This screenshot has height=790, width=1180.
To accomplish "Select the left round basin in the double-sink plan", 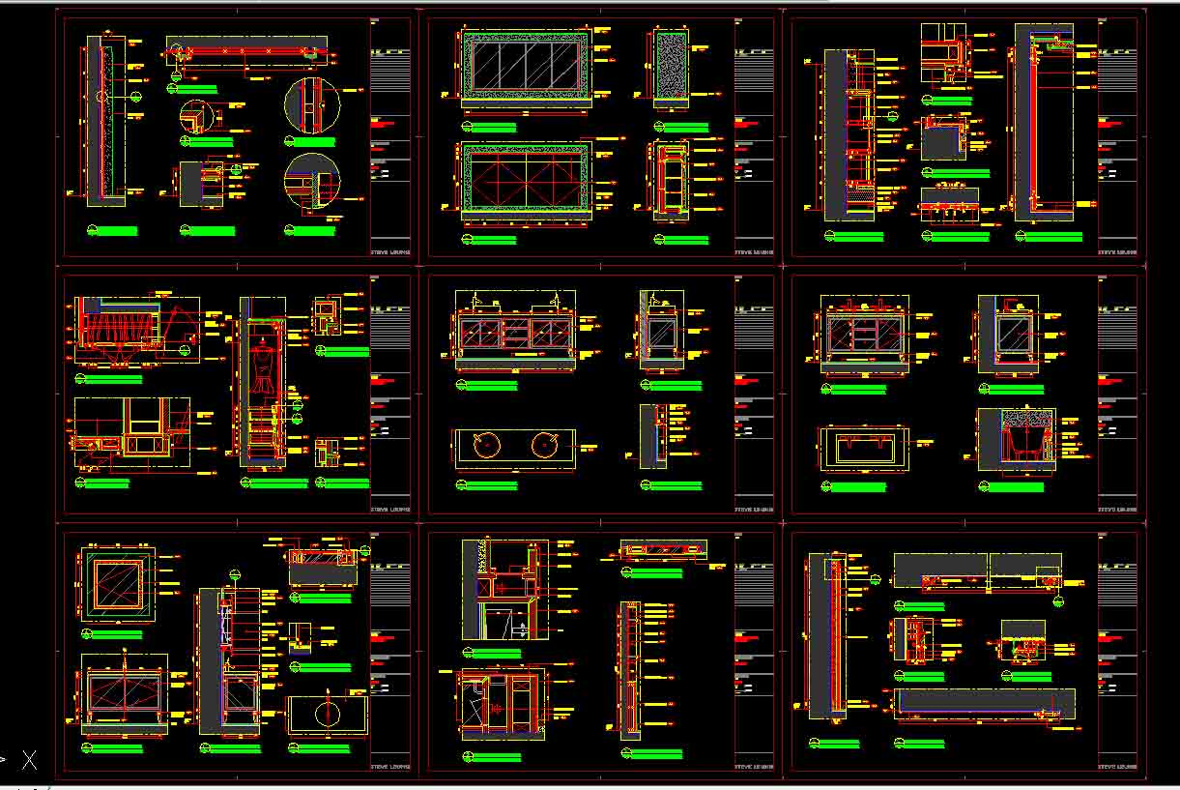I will click(485, 446).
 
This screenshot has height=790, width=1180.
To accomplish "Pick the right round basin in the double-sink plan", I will click(544, 446).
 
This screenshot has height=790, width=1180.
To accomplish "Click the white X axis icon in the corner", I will click(30, 760).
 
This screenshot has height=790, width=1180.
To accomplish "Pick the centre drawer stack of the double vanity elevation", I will click(516, 334).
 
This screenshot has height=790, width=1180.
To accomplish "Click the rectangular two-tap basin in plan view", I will click(864, 448).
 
